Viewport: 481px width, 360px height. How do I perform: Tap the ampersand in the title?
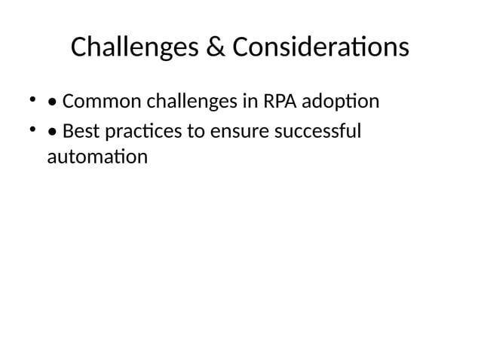(215, 47)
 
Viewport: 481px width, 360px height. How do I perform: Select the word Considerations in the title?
(320, 47)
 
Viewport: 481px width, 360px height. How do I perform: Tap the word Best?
(79, 132)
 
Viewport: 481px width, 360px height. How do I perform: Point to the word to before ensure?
(195, 132)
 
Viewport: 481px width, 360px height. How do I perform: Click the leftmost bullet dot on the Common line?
(32, 99)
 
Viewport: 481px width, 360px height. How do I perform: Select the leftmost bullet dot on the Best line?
(32, 130)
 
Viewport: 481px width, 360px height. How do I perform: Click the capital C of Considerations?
(240, 47)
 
